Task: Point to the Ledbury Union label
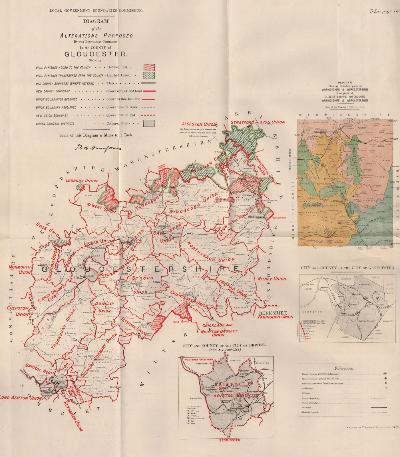click(x=82, y=181)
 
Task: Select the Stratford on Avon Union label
click(x=258, y=122)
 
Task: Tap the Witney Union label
click(x=272, y=279)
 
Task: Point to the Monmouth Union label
click(x=19, y=270)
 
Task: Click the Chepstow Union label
click(x=18, y=311)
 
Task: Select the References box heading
click(x=343, y=368)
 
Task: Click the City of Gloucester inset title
click(x=347, y=268)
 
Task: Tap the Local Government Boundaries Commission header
click(x=96, y=11)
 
